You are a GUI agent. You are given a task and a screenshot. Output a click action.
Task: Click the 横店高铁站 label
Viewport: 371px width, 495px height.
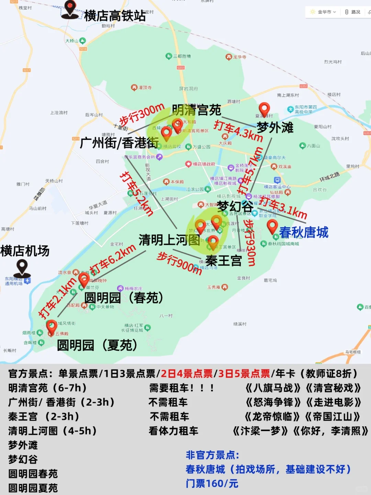tap(115, 16)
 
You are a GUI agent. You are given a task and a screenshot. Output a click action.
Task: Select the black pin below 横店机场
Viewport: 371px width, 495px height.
tap(22, 267)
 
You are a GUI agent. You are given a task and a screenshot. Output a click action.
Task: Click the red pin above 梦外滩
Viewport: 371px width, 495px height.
tap(264, 109)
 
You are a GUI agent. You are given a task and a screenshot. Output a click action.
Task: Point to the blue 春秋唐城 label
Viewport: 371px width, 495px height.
tap(304, 232)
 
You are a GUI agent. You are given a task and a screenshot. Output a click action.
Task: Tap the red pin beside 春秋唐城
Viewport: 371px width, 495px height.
tap(272, 226)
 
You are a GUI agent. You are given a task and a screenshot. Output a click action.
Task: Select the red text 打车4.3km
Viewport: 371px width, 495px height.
tap(238, 131)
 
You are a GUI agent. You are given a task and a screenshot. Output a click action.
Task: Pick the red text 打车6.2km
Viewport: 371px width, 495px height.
tap(113, 259)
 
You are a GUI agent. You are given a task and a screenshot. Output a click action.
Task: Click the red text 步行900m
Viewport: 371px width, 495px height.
tap(179, 263)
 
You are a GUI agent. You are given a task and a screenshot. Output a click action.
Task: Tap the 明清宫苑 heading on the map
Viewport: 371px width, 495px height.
tap(196, 110)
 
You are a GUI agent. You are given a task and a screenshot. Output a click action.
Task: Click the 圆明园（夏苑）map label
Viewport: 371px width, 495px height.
tap(97, 345)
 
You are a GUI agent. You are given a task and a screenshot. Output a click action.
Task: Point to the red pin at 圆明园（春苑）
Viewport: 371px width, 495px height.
tap(84, 279)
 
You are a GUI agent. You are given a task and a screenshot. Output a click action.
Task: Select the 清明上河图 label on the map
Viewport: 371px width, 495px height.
tap(169, 240)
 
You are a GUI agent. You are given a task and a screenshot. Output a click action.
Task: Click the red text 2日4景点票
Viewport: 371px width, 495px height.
tap(187, 374)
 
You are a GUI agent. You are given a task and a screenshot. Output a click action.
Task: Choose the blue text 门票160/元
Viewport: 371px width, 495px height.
tap(212, 484)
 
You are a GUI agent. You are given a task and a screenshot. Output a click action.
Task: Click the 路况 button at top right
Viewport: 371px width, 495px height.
tap(353, 12)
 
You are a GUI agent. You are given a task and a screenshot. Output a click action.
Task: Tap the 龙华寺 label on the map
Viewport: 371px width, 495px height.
tap(239, 57)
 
